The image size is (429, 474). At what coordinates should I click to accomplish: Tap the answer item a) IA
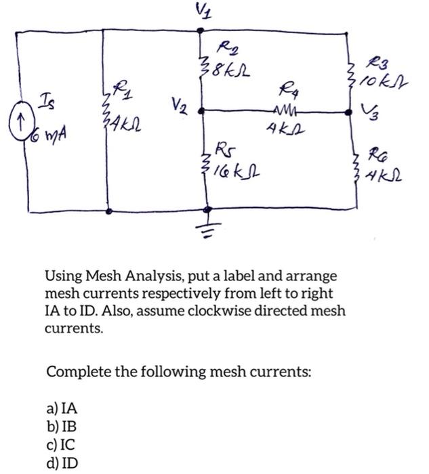click(62, 409)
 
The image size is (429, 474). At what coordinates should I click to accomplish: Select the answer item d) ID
click(62, 462)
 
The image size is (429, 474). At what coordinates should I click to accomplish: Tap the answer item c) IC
click(62, 445)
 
